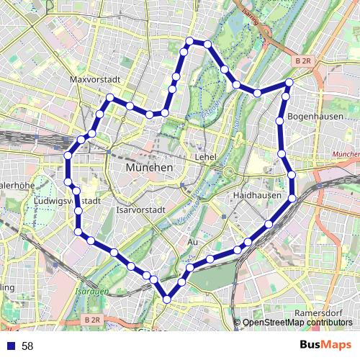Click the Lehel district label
(206, 156)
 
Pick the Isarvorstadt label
(141, 210)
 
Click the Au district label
(192, 242)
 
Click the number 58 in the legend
(27, 346)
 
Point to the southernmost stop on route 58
(168, 298)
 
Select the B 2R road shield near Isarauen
(91, 319)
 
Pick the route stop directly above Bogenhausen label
(286, 96)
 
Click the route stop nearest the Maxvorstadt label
(111, 97)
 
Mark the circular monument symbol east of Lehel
(228, 171)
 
